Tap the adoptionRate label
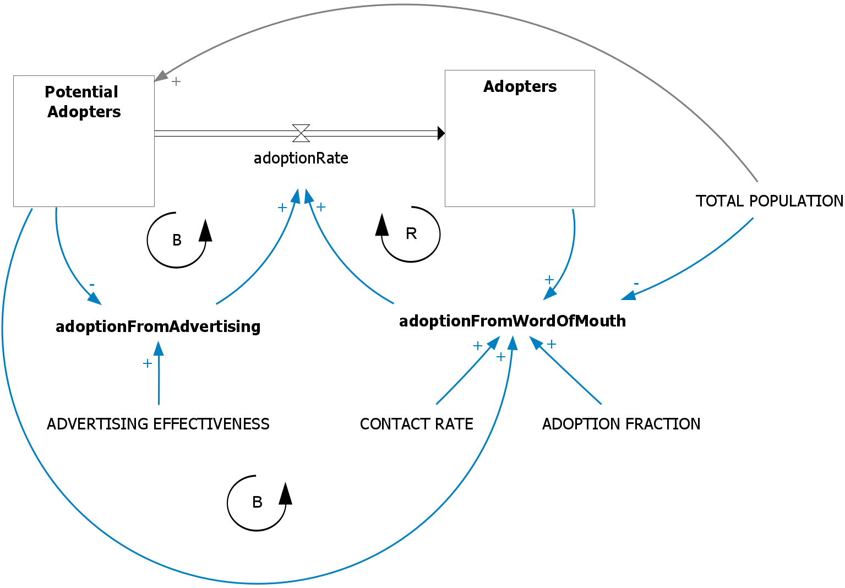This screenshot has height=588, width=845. (301, 159)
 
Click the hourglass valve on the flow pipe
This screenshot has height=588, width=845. (301, 133)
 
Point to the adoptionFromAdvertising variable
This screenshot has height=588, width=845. (158, 326)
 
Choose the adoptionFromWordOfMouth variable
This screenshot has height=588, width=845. (512, 321)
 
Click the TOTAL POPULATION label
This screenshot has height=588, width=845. (769, 201)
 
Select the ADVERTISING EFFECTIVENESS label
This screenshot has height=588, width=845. (158, 424)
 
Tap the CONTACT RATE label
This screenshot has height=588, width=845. (416, 424)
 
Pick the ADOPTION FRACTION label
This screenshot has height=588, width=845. (621, 424)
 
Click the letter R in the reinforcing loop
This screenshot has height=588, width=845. (411, 234)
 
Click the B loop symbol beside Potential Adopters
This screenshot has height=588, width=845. (177, 240)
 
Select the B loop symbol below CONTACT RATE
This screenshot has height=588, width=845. (257, 502)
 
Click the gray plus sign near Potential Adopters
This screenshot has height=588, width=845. (176, 81)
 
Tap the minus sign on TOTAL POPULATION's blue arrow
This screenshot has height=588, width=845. (636, 284)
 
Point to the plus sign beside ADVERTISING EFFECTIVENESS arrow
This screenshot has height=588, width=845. (147, 363)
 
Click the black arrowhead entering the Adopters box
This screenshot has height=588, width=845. (441, 133)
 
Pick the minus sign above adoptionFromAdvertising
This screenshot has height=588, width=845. (92, 285)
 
